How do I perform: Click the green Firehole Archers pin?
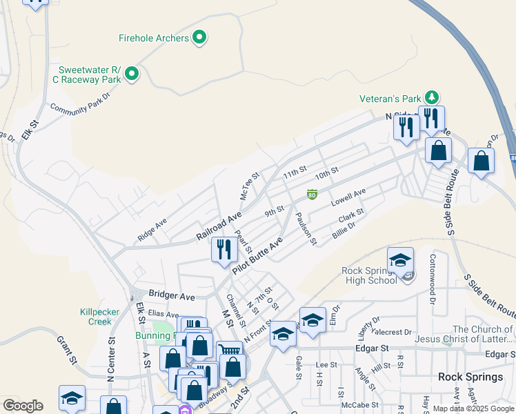point(199,37)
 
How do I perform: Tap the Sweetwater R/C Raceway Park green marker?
point(132,74)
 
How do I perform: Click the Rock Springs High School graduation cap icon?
point(400,261)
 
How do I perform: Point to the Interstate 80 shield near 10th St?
point(312,195)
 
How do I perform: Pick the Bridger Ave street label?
point(171,296)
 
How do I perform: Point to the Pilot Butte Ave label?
point(257,256)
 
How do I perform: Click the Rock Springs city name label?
point(470,377)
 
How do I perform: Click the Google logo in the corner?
point(23,405)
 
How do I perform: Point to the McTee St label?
point(249,186)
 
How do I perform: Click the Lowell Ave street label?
point(348,198)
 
